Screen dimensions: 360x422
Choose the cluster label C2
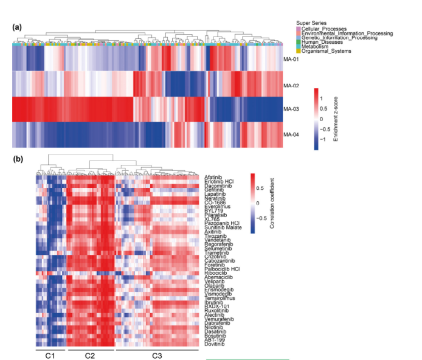(x=90, y=355)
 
